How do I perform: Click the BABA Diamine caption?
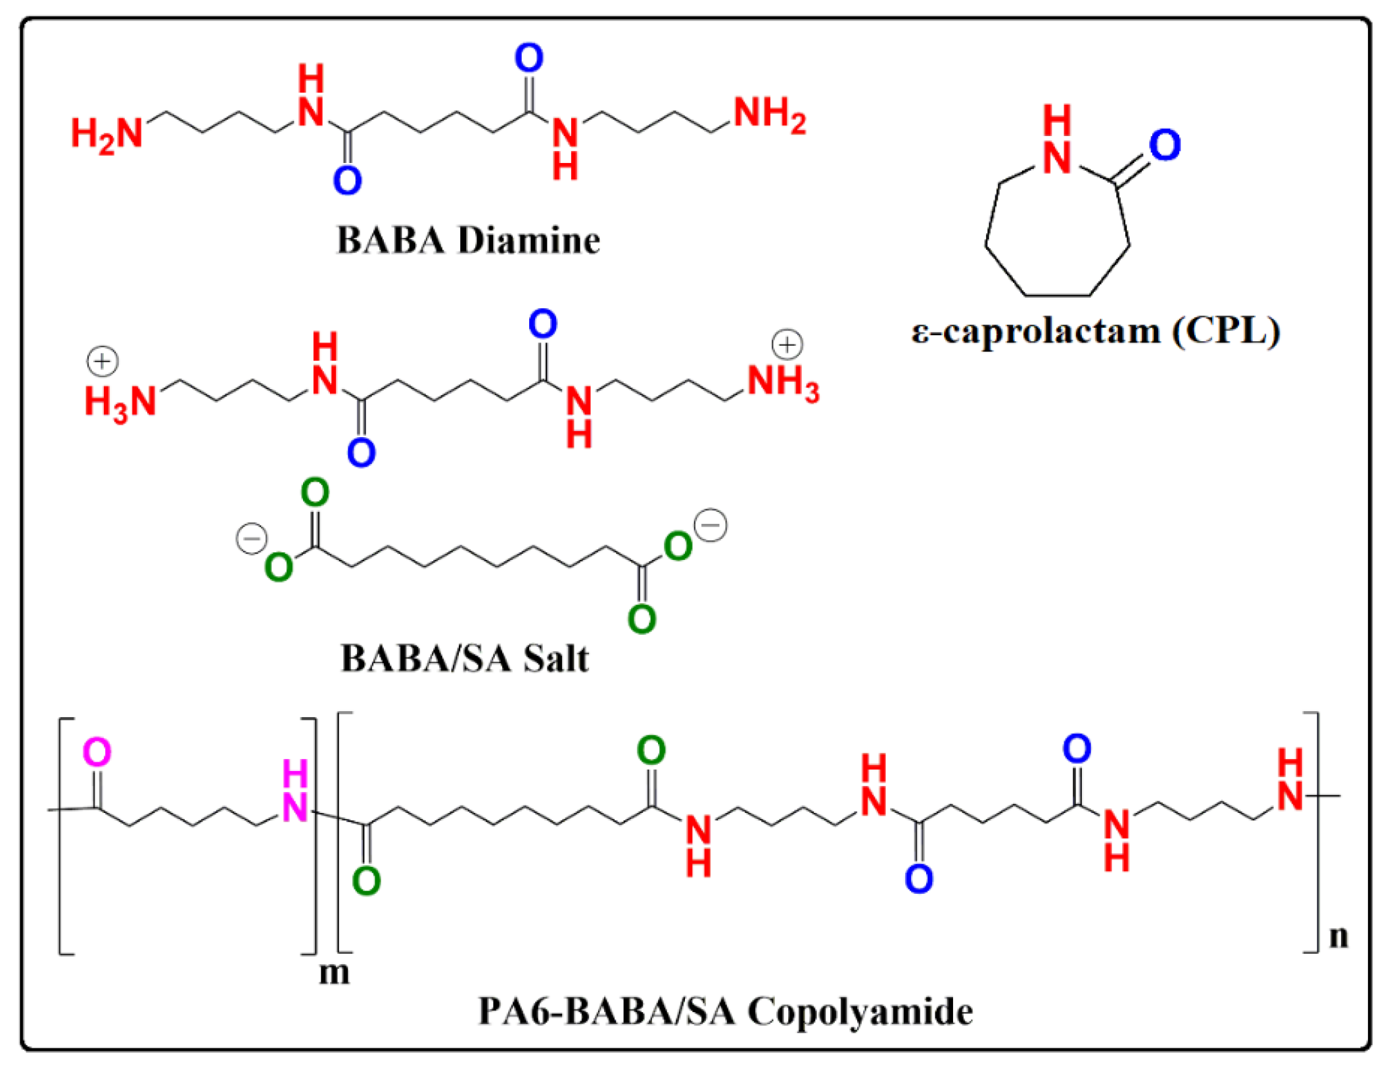tap(467, 241)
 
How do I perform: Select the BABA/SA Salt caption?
tap(464, 658)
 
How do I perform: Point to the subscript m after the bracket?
tap(334, 972)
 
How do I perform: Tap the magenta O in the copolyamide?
tap(97, 753)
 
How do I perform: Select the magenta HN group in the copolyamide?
tap(295, 791)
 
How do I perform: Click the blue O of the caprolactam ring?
tap(1164, 145)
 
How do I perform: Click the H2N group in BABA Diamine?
tap(107, 134)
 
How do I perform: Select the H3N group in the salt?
tap(120, 402)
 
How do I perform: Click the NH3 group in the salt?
tap(783, 383)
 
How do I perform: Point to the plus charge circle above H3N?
tap(103, 361)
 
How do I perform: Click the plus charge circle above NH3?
tap(787, 344)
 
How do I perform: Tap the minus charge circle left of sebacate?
tap(251, 539)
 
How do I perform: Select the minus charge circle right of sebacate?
tap(711, 525)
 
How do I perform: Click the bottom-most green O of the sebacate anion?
tap(642, 619)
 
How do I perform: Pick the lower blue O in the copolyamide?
tap(918, 879)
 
